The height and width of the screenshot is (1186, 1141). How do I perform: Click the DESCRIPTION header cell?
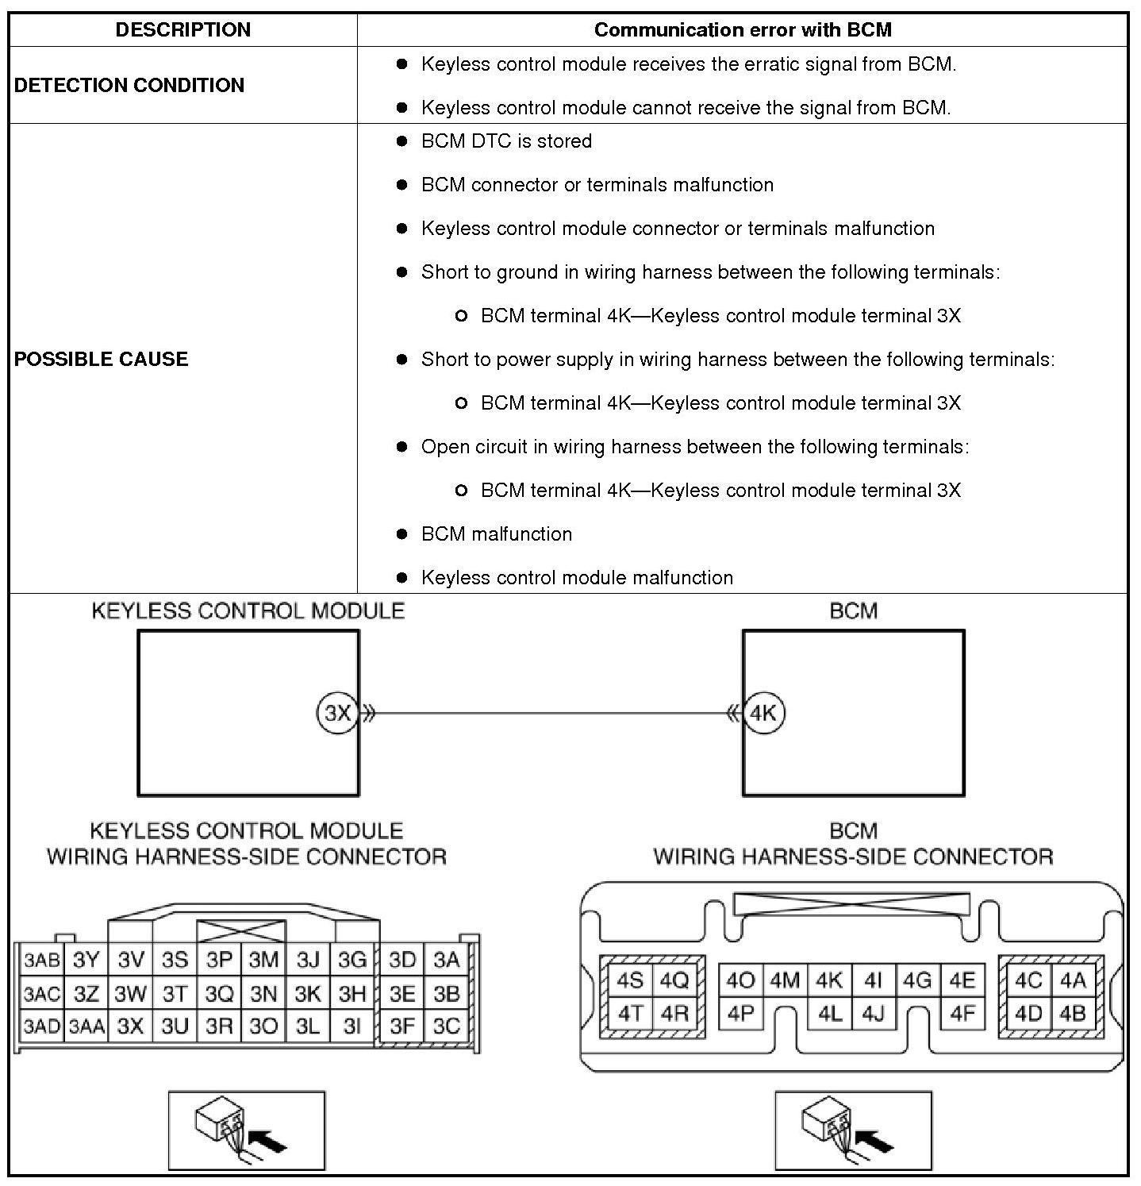click(182, 30)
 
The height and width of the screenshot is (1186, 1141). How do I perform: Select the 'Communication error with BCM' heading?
click(742, 30)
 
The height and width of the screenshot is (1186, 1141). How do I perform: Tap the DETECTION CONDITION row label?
click(129, 85)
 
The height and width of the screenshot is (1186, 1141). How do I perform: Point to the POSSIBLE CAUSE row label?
click(102, 359)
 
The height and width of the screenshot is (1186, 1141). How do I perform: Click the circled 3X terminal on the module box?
click(337, 713)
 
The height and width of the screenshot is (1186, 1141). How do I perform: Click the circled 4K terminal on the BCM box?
click(763, 713)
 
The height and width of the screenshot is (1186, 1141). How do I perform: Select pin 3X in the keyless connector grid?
click(130, 1026)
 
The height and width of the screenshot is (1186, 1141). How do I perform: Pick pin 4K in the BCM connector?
click(829, 981)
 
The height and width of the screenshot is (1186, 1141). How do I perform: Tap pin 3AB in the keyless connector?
click(41, 961)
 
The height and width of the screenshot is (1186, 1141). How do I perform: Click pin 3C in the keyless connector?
click(447, 1026)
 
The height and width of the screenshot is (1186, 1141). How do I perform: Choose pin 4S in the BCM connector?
click(630, 981)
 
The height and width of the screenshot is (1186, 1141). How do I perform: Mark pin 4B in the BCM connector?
click(1072, 1014)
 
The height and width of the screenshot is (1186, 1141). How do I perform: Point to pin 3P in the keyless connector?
click(219, 961)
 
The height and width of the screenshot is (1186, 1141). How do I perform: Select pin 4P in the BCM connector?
click(740, 1014)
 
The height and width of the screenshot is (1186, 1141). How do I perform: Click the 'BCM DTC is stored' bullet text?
click(506, 141)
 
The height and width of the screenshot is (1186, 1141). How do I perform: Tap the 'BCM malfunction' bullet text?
click(497, 534)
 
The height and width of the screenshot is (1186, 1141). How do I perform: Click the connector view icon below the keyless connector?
click(246, 1130)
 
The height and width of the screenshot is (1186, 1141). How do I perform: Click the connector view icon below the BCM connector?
click(853, 1130)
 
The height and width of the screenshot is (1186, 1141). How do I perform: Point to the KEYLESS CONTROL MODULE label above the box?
click(248, 610)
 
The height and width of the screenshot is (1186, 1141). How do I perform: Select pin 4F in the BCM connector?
click(962, 1014)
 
